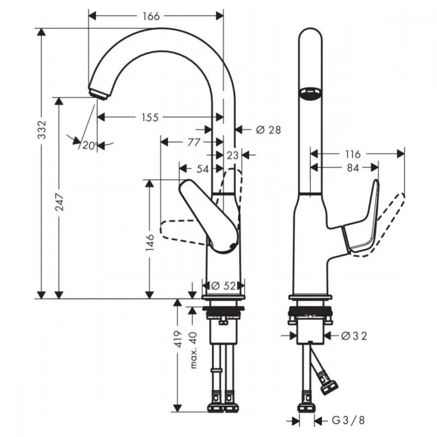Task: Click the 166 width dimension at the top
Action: pos(151,16)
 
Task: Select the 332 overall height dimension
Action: pos(42,130)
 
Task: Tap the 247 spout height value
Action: pos(59,201)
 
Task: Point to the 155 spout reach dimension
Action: pos(150,117)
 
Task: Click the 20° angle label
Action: pos(90,146)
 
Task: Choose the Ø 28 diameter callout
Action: pos(268,130)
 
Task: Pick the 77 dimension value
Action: pos(194,142)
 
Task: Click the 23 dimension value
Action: pos(233,155)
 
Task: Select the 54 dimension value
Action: pos(203,169)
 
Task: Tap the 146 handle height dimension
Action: pos(150,243)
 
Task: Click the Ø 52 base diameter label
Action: pos(223,286)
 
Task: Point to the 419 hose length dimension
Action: pos(178,339)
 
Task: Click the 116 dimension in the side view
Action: pos(353,154)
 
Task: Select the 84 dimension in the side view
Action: pos(353,168)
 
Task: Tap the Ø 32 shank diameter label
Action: pos(354,336)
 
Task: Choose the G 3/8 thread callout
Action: pos(348,420)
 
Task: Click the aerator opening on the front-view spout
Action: pos(310,93)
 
